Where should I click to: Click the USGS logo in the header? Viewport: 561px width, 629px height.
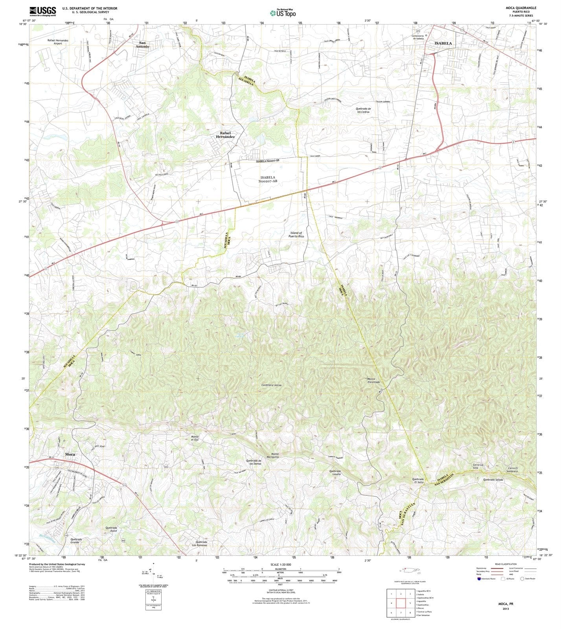pos(42,11)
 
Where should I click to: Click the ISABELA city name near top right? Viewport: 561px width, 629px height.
pos(443,43)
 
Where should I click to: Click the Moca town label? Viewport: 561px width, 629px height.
pos(70,454)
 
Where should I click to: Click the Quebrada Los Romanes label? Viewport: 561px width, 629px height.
pos(200,543)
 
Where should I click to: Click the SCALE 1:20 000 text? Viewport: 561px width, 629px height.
pos(280,565)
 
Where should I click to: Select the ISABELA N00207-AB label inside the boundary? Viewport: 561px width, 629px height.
pos(268,179)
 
